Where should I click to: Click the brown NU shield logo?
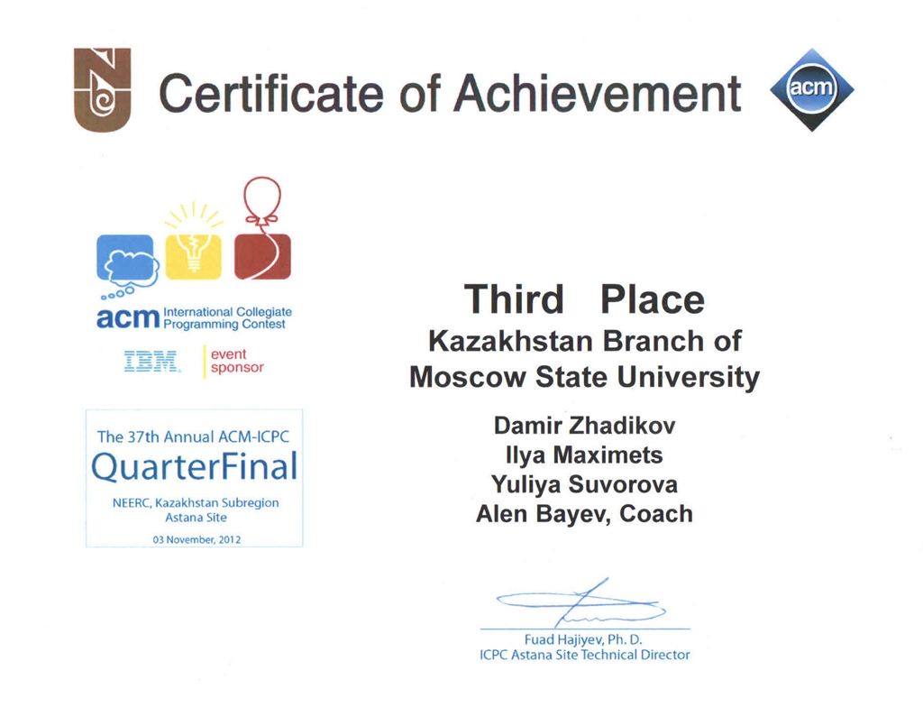(102, 89)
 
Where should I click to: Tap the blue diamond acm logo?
(812, 89)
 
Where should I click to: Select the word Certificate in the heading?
(271, 93)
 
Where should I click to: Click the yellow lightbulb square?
(193, 257)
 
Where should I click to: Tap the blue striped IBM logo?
(151, 361)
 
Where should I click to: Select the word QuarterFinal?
(195, 466)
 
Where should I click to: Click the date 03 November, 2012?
(196, 539)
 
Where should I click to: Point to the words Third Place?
(584, 299)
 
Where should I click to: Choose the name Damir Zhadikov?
(584, 426)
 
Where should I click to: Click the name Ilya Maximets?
(584, 454)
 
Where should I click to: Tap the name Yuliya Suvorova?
(584, 484)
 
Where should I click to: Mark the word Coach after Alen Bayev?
(656, 514)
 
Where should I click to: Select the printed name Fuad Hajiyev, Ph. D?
(583, 640)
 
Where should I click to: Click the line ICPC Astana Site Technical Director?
(584, 656)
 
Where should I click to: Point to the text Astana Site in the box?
(196, 518)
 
